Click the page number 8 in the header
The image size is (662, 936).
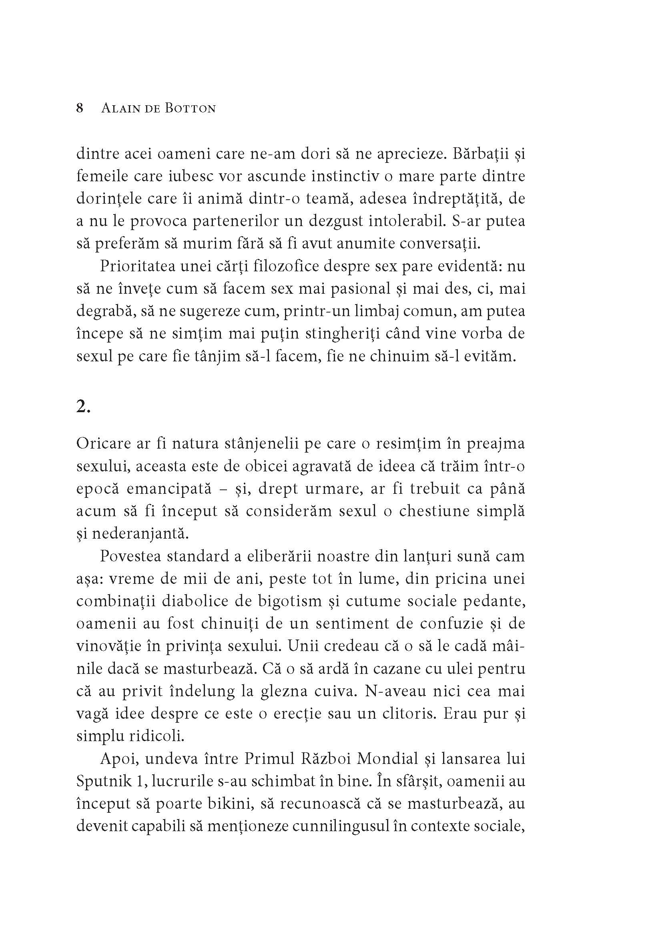80,108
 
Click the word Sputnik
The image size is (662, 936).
100,781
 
